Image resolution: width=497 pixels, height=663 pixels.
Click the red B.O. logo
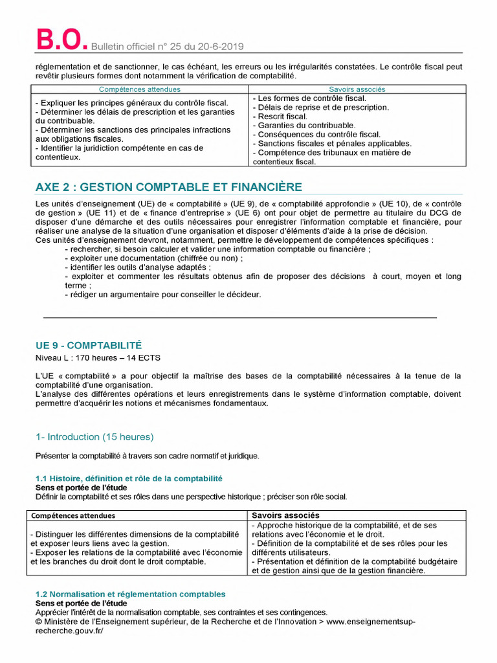60,40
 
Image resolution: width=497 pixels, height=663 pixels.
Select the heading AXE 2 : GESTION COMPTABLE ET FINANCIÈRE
168,187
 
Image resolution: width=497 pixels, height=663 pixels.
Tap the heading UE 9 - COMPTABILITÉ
88,345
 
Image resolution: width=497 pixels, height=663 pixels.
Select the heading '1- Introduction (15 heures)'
94,437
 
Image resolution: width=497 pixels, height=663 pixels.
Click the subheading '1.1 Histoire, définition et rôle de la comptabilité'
129,478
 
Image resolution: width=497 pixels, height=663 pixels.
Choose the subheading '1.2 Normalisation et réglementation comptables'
130,594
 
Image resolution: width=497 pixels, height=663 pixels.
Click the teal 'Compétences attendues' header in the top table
139,89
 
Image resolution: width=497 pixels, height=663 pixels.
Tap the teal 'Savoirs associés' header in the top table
357,89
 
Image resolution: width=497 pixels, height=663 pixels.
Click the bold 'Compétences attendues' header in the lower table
73,515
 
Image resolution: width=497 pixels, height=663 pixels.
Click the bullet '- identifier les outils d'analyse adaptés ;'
138,267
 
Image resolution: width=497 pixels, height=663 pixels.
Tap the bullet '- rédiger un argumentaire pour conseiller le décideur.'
162,295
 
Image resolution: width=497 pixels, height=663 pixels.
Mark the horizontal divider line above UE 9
239,318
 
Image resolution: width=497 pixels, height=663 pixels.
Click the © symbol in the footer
38,622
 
